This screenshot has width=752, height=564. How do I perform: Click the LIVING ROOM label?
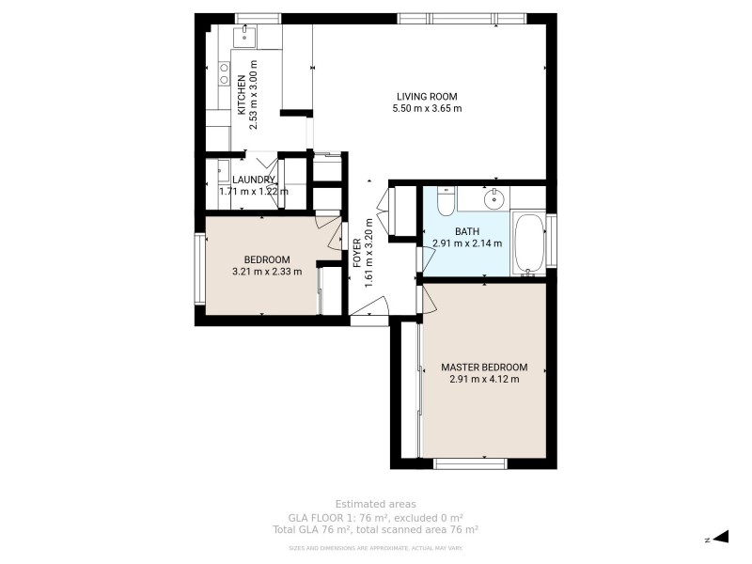click(426, 96)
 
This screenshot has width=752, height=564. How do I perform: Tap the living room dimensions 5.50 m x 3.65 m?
click(426, 109)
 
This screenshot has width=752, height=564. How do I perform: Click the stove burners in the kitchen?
click(224, 73)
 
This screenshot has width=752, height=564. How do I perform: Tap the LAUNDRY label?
click(254, 180)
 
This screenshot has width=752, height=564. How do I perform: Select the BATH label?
click(467, 231)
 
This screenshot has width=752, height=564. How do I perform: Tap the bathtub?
click(529, 244)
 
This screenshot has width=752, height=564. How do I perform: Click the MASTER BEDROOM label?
click(484, 368)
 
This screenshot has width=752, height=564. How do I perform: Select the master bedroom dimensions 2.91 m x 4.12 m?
click(484, 380)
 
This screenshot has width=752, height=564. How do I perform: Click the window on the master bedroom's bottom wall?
click(470, 462)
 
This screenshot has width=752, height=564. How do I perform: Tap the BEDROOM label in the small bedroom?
click(267, 260)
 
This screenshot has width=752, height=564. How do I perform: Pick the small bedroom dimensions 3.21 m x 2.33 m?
click(267, 273)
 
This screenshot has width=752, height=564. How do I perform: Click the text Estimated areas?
click(375, 504)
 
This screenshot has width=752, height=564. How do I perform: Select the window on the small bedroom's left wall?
click(199, 269)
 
